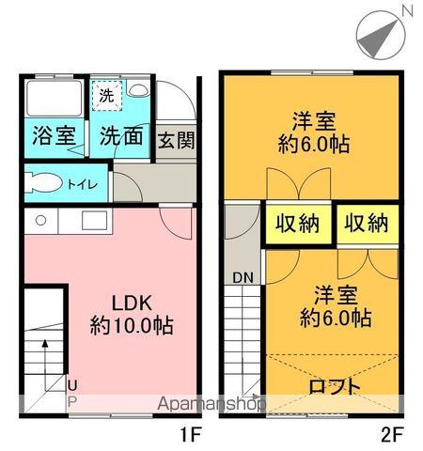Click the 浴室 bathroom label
tap(55, 135)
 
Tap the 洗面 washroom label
tap(120, 135)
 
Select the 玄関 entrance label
tap(176, 141)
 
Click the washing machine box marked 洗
tap(105, 96)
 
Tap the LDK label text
tap(131, 304)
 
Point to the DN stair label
tap(242, 277)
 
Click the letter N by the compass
tap(407, 10)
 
